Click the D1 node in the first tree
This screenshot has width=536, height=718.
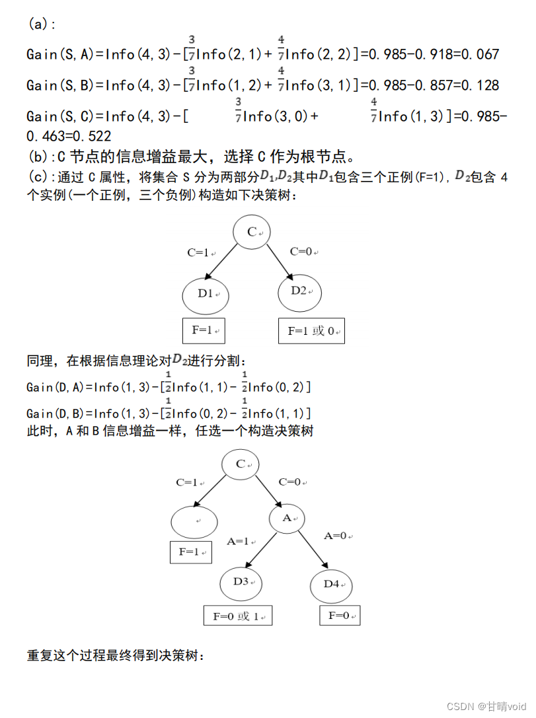(204, 294)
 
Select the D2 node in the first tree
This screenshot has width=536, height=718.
(299, 291)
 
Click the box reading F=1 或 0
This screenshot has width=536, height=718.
(311, 331)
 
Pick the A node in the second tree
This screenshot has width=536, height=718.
(287, 519)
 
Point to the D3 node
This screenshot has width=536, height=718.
(241, 582)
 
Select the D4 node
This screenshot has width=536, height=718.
(331, 584)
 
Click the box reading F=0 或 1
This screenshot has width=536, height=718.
(238, 616)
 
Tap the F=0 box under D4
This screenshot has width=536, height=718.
(340, 616)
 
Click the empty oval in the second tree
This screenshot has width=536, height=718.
(194, 522)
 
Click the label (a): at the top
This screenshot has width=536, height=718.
(42, 24)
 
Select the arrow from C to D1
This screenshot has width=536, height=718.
(221, 262)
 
